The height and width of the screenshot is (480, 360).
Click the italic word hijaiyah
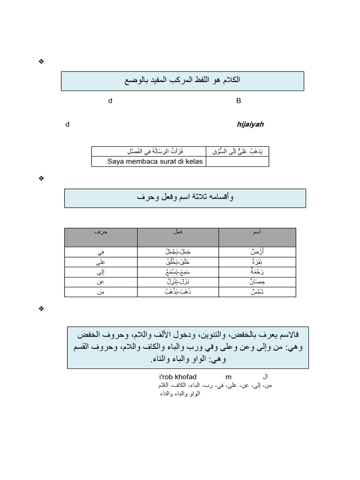click(250, 124)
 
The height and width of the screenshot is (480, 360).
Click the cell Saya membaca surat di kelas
click(149, 161)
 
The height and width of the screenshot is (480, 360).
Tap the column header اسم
click(257, 232)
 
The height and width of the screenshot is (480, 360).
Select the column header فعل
click(178, 232)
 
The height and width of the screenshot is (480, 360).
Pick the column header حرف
click(101, 232)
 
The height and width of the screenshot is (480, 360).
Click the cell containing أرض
click(257, 252)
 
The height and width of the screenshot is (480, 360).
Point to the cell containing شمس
click(257, 292)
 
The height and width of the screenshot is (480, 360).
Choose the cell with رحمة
click(257, 272)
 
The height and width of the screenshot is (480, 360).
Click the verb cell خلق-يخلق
click(178, 262)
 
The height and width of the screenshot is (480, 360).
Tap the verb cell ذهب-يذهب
click(178, 292)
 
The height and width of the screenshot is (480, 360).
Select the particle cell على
click(101, 262)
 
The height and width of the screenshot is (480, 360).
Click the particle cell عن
click(101, 282)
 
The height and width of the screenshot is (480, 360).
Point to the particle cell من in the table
click(101, 292)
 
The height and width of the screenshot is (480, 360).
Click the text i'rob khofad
click(178, 377)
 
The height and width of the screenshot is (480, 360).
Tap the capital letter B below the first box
click(239, 101)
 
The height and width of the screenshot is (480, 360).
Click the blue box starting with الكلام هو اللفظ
click(182, 81)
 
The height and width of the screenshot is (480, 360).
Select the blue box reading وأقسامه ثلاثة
click(185, 198)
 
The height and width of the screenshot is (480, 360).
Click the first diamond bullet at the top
click(41, 61)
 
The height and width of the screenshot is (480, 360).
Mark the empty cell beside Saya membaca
click(237, 161)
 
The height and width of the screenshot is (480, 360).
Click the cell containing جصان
click(257, 282)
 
